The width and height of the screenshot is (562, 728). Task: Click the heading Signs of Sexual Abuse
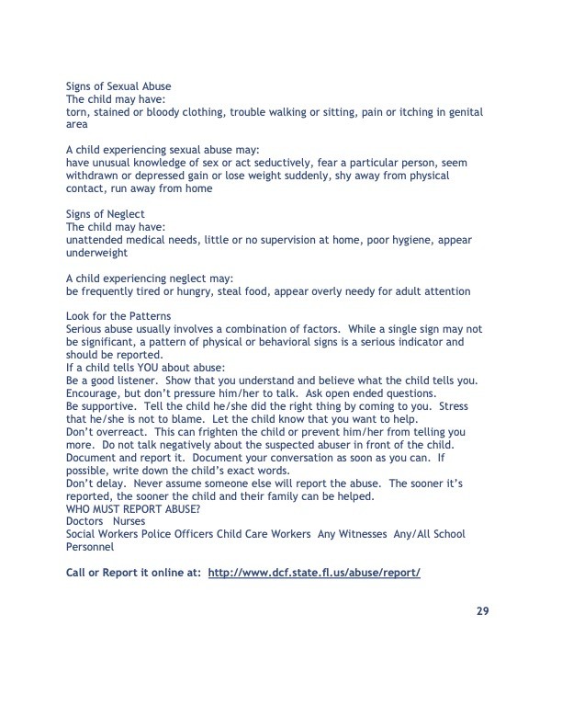(x=118, y=86)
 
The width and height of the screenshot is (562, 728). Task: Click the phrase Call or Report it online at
(x=134, y=572)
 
